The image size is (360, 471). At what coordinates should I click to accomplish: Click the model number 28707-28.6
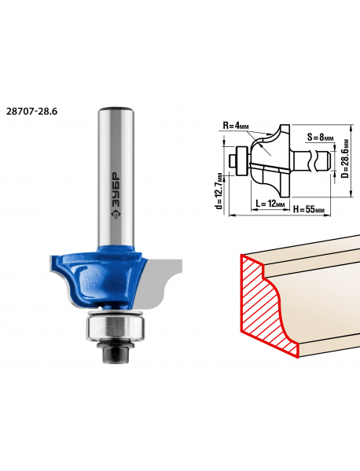(31, 112)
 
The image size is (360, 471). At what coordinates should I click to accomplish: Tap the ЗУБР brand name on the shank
(116, 190)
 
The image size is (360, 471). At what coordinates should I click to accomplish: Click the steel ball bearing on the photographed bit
(116, 328)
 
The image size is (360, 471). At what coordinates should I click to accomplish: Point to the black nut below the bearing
(116, 352)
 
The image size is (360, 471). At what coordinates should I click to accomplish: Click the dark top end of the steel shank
(116, 109)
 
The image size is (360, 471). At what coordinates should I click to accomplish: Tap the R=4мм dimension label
(236, 126)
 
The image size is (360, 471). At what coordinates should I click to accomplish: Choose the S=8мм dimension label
(321, 138)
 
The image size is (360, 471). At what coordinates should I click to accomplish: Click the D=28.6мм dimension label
(346, 158)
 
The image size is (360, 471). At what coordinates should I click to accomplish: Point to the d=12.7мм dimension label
(220, 191)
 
